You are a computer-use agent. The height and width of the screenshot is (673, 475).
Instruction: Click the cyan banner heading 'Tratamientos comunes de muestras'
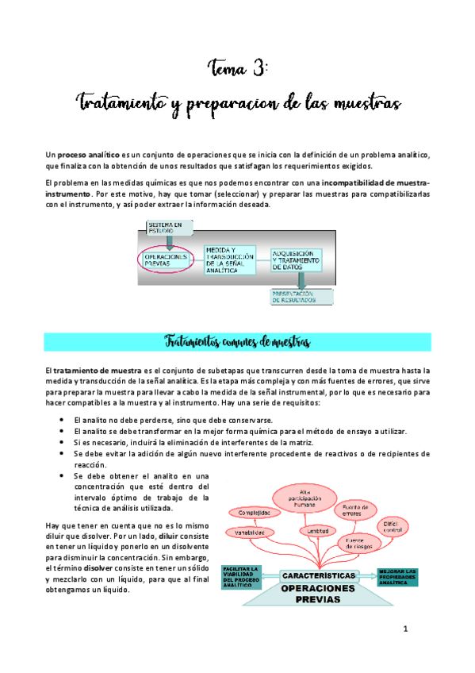tap(237, 342)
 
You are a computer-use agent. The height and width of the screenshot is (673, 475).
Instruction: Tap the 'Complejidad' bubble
tap(255, 513)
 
